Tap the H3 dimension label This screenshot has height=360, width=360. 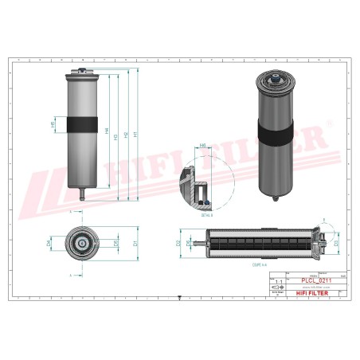pos(116,137)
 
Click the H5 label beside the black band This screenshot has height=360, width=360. pos(54,124)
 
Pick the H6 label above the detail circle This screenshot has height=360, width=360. pos(202,147)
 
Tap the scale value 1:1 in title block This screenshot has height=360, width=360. pos(278,282)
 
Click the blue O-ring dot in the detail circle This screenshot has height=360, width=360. pos(202,190)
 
